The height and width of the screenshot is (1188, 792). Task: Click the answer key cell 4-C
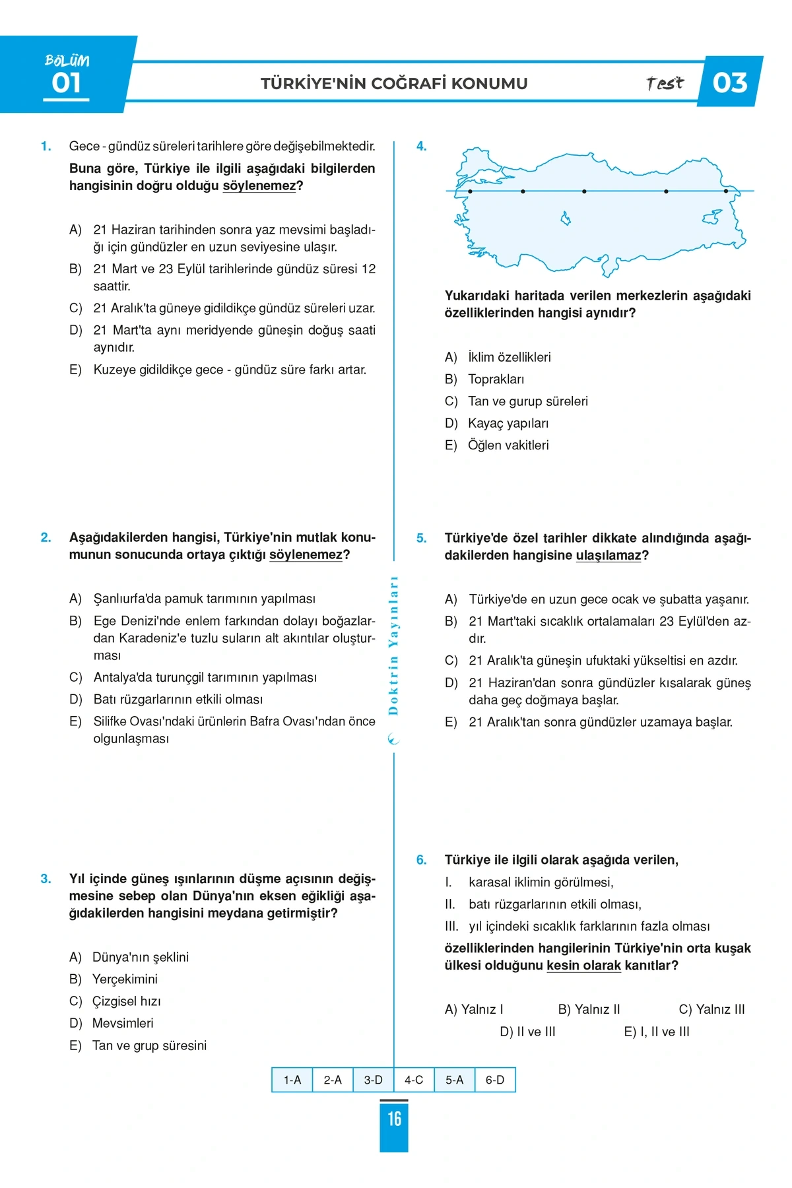coord(414,1080)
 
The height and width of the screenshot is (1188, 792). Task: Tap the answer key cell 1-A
coord(292,1080)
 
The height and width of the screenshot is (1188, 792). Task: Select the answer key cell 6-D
coord(495,1080)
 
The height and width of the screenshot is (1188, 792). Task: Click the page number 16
coord(394,1119)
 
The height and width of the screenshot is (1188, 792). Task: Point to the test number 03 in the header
coord(730,82)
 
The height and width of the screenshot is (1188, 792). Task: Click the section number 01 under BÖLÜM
coord(66,84)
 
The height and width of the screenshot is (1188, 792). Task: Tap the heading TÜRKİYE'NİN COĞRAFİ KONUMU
coord(394,83)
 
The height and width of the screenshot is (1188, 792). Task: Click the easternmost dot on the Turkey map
coord(726,191)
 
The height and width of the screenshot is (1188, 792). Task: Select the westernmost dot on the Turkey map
coord(470,191)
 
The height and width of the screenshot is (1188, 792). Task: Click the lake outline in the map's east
coord(712,216)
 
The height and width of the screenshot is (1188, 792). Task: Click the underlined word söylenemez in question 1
coord(259,186)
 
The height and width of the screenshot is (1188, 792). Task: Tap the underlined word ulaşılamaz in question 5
coord(608,556)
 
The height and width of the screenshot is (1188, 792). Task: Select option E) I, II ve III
coord(657,1032)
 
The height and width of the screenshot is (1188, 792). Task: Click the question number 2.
coord(46,538)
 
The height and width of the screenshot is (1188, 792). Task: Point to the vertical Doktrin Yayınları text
coord(393,645)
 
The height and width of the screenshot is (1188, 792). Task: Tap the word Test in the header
coord(665,83)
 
